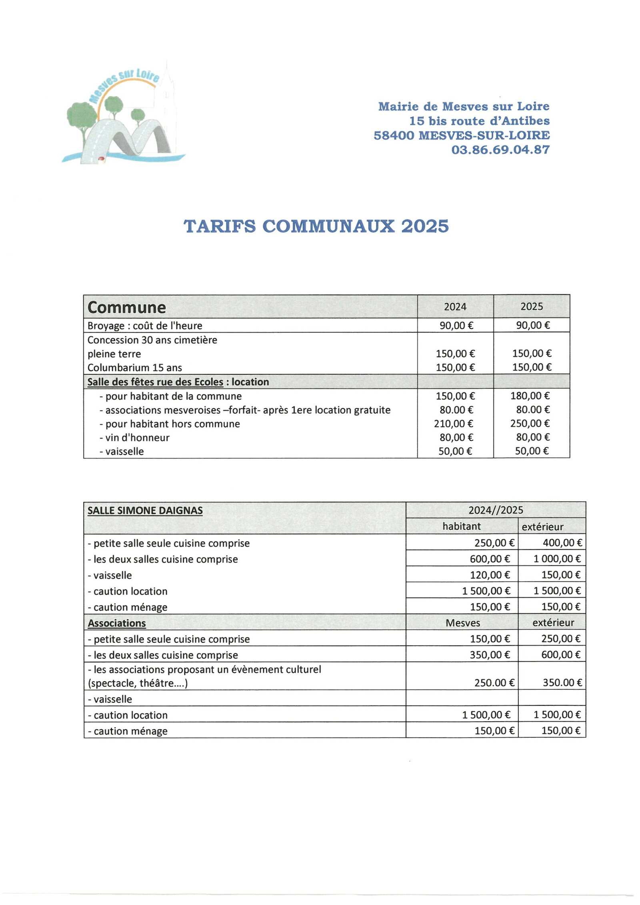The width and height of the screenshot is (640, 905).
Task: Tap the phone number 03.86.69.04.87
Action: tap(500, 150)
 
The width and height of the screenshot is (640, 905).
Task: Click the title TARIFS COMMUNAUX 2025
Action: tap(316, 226)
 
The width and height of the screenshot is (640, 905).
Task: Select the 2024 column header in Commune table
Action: tap(455, 307)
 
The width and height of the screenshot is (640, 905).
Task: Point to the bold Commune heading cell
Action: tap(126, 308)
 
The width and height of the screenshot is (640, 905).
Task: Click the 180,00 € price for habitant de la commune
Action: tap(530, 396)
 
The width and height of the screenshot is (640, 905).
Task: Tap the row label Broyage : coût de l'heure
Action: tap(145, 326)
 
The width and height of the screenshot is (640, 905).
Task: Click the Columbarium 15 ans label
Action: tap(134, 368)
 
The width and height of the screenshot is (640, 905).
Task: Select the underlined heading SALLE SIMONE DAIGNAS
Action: tap(145, 511)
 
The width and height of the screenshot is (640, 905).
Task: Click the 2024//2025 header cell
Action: tap(495, 510)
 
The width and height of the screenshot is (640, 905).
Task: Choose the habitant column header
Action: tap(461, 527)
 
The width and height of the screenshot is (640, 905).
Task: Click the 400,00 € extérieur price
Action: tap(562, 543)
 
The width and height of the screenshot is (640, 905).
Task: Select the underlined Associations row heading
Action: tap(117, 623)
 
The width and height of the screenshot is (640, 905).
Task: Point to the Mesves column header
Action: tap(462, 623)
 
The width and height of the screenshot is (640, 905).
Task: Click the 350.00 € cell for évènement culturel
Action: tap(562, 683)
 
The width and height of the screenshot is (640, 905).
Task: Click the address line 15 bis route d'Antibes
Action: tap(479, 121)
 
